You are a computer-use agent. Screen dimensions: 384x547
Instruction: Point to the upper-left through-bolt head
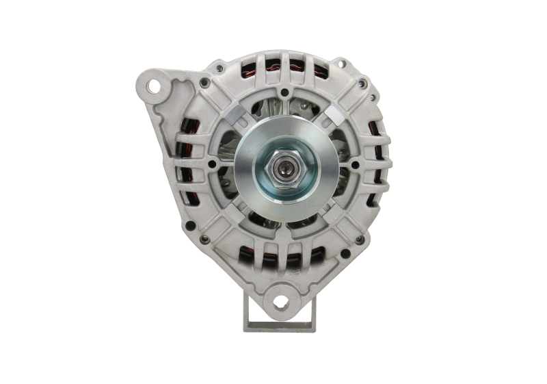(x=205, y=84)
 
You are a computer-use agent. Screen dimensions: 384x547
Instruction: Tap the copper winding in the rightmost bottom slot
(x=321, y=259)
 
